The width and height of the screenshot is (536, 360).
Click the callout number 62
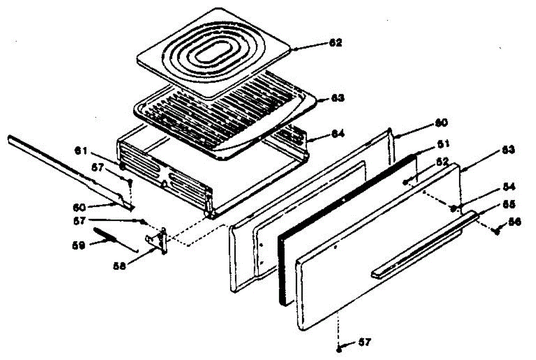point(335,43)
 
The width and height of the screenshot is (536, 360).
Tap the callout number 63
point(335,98)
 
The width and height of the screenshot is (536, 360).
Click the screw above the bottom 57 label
point(340,348)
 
